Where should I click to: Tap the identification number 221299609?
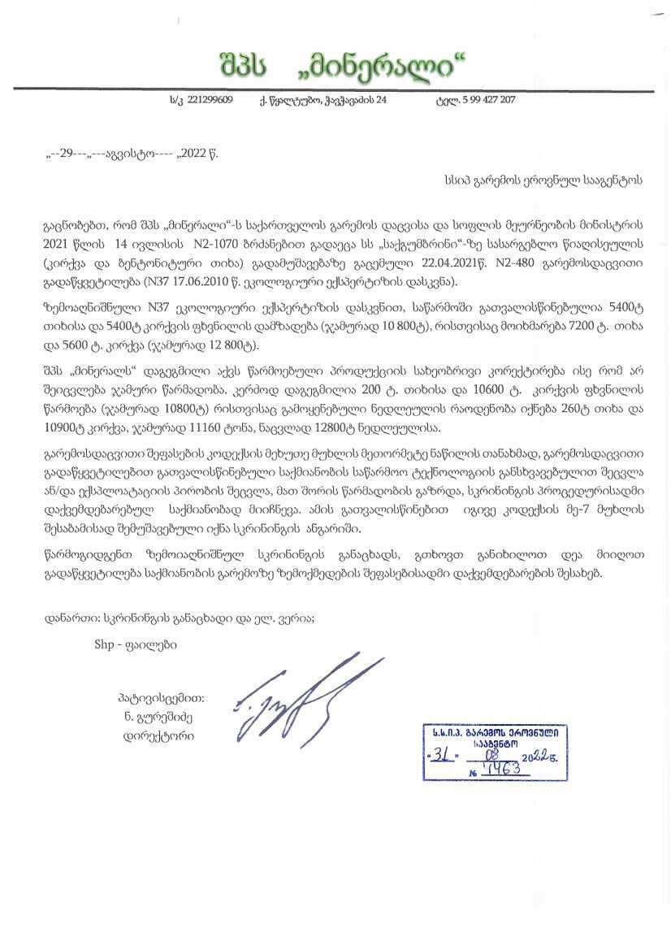tap(210, 100)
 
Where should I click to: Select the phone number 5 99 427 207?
tap(486, 100)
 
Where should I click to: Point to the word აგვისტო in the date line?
tap(128, 152)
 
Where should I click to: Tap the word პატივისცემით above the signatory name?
tap(161, 697)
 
